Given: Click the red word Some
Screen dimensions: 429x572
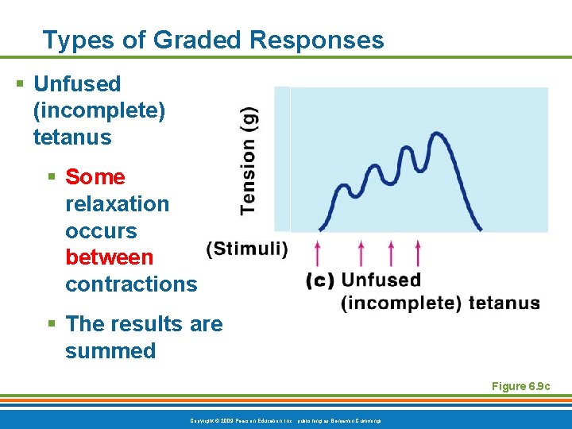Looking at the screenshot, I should pos(95,177).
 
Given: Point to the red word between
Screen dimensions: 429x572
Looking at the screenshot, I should pos(109,257).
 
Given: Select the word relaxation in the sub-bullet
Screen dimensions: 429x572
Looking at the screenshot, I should pos(117,204).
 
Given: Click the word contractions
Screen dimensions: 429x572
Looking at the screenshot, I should pos(131,284).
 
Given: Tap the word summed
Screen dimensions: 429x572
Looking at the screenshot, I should pos(110,351).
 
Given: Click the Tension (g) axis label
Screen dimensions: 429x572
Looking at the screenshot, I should pos(249,160).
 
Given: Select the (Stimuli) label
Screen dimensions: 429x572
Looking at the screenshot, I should pos(247,249).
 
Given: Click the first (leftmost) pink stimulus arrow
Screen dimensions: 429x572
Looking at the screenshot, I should pos(319,253).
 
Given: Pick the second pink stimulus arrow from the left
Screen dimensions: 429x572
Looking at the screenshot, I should pos(361,253).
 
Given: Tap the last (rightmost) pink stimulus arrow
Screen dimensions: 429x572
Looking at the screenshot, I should pos(418,253).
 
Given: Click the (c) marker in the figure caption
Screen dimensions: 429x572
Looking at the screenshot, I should pos(320,280).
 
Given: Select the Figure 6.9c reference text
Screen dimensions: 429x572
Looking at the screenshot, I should pos(520,386).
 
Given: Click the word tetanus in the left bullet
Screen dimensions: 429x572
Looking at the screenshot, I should pos(72,137).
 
